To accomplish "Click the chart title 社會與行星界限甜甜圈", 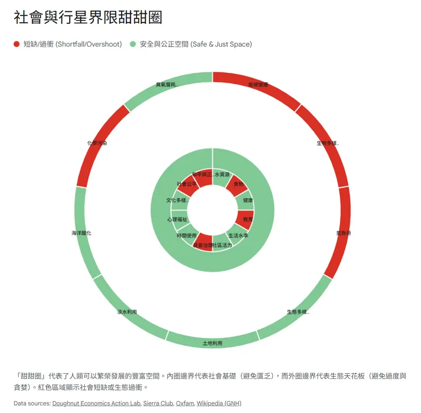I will pyautogui.click(x=88, y=18).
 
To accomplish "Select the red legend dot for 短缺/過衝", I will pyautogui.click(x=16, y=44).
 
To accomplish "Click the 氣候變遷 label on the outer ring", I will pyautogui.click(x=258, y=84).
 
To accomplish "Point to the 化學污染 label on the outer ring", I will pyautogui.click(x=96, y=143).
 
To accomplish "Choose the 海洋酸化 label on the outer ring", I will pyautogui.click(x=81, y=233).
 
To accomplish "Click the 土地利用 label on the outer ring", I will pyautogui.click(x=212, y=344).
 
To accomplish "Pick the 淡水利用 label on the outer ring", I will pyautogui.click(x=127, y=312).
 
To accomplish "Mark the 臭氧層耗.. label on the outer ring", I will pyautogui.click(x=167, y=84).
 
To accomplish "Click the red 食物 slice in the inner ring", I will pyautogui.click(x=238, y=184).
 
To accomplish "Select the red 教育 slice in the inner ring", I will pyautogui.click(x=247, y=219).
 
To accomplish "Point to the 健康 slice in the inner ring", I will pyautogui.click(x=248, y=200).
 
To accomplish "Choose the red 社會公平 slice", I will pyautogui.click(x=187, y=184).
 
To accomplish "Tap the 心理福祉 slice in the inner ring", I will pyautogui.click(x=177, y=219).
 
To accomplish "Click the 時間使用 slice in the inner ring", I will pyautogui.click(x=186, y=235).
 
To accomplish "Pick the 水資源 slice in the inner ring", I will pyautogui.click(x=222, y=174).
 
